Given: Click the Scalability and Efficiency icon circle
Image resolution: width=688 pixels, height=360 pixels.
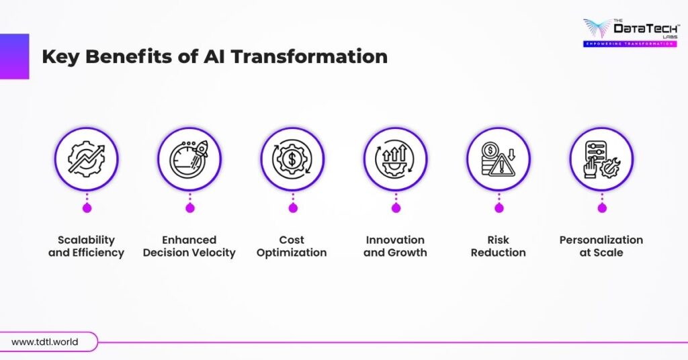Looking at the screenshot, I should pos(87,159).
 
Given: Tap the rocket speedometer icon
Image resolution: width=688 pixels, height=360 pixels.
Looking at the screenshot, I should pos(189,159).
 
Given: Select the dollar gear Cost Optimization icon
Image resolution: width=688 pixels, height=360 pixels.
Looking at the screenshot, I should pos(292,159).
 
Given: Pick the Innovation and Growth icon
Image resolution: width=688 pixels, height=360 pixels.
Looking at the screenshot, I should pos(395,159).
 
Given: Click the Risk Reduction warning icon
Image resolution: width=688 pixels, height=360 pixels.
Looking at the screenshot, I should pos(499,159).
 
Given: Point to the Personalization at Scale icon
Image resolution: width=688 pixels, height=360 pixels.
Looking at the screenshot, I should pos(601,159).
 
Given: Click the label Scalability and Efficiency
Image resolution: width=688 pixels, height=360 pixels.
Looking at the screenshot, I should pos(87,246).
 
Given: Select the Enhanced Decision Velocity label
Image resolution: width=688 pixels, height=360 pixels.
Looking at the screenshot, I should pos(189,246).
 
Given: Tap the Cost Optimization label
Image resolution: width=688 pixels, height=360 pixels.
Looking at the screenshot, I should pos(292,246).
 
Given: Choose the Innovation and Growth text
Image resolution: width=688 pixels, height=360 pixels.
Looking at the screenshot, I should pos(395,246).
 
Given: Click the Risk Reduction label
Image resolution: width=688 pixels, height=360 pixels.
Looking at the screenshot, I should pos(499,246).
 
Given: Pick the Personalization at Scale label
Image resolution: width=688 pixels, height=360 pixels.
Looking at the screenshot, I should pos(601,246).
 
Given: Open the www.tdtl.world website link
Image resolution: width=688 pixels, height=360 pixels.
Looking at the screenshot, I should pos(45,342).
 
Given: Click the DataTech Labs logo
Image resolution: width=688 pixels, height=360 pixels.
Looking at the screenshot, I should pos(628,30).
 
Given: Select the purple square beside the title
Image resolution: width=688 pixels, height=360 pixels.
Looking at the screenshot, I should pos(14,56).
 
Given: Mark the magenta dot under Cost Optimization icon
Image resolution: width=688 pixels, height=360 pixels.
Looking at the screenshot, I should pos(293,208).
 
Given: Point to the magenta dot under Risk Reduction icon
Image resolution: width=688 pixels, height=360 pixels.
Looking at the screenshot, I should pos(499,208).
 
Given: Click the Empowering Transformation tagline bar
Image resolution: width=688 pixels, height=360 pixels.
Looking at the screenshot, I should pos(629,44).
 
